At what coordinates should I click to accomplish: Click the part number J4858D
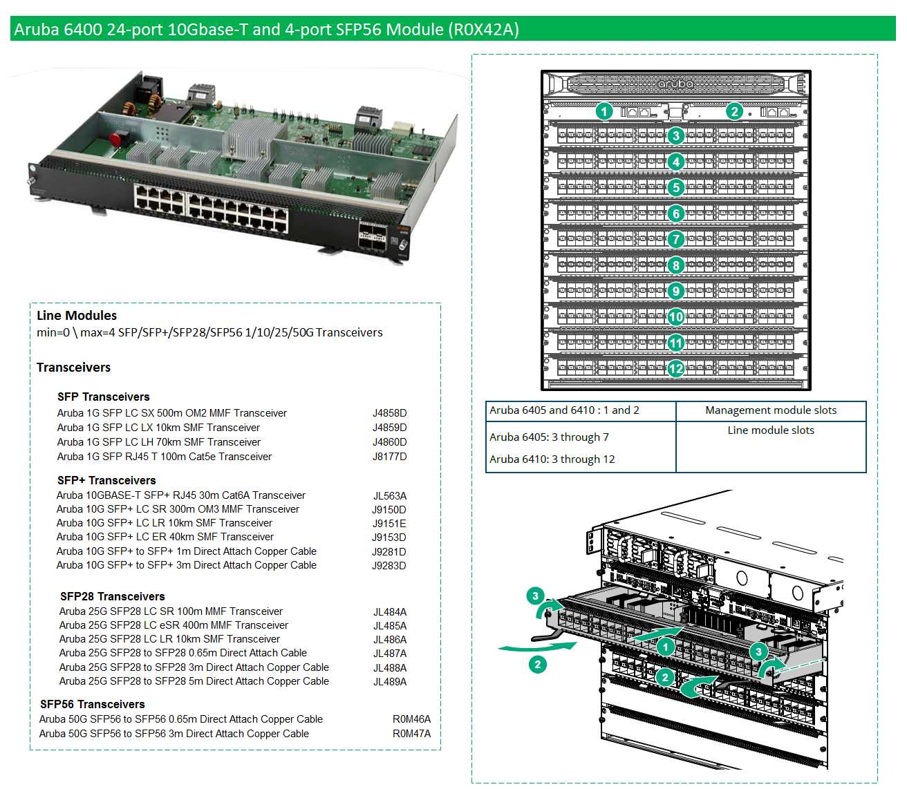(x=389, y=413)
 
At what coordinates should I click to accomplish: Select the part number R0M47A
(x=411, y=734)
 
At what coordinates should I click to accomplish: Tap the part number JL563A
(x=390, y=496)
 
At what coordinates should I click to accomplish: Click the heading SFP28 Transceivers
(x=112, y=596)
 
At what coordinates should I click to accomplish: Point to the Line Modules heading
(x=77, y=316)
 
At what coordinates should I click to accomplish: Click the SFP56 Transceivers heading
(x=93, y=704)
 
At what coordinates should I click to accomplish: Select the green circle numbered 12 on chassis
(x=676, y=369)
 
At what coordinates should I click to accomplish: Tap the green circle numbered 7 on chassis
(x=676, y=240)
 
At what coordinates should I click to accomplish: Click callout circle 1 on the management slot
(x=604, y=111)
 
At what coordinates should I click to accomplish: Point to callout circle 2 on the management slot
(x=734, y=111)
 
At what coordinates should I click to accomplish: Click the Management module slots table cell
(x=771, y=410)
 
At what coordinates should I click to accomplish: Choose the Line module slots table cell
(x=771, y=430)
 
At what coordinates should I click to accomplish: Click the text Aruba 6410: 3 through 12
(x=552, y=459)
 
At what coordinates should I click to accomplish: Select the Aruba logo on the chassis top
(x=675, y=84)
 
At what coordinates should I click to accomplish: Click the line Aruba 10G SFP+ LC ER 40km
(x=165, y=537)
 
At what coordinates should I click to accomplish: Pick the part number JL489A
(x=390, y=682)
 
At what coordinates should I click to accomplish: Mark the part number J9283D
(x=389, y=566)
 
